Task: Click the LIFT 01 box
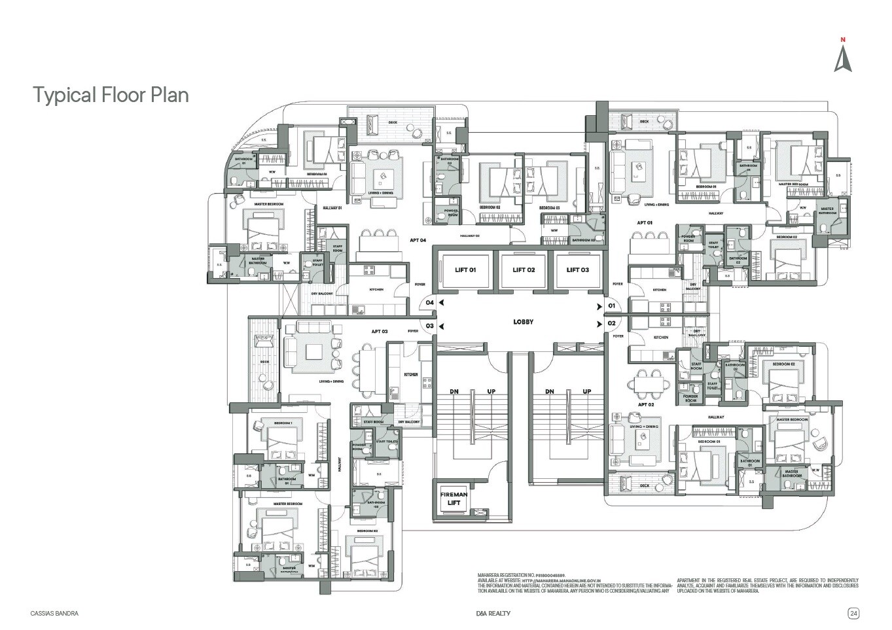[465, 270]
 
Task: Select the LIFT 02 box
[524, 270]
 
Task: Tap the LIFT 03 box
[577, 270]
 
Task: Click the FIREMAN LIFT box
[454, 499]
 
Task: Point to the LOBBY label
[523, 322]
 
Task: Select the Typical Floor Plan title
[111, 95]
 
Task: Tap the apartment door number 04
[429, 302]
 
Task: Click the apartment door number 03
[429, 326]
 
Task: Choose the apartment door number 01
[612, 306]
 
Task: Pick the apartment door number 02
[612, 323]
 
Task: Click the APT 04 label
[418, 240]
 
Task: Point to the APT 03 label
[380, 331]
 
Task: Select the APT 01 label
[645, 222]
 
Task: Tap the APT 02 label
[646, 404]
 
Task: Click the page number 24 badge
[853, 613]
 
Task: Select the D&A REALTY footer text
[493, 613]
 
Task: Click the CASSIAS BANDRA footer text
[54, 613]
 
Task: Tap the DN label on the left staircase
[454, 391]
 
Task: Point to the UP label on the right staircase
[587, 391]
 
